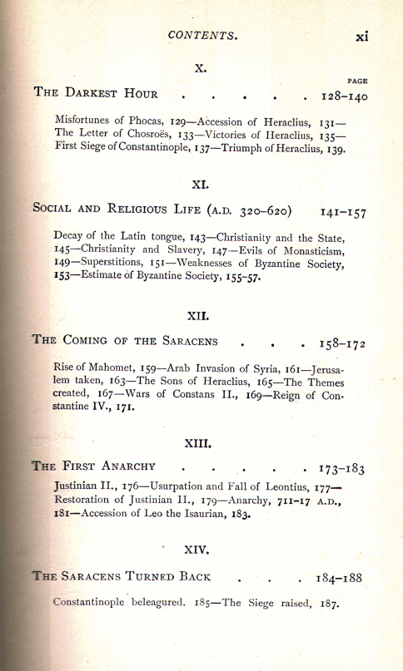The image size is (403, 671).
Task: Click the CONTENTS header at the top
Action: click(x=203, y=36)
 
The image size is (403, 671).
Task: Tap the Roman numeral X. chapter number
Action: click(x=200, y=66)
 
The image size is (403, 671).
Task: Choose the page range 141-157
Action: click(x=343, y=211)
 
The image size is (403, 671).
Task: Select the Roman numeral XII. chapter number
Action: click(x=201, y=316)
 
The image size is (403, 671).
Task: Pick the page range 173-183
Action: click(x=342, y=469)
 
